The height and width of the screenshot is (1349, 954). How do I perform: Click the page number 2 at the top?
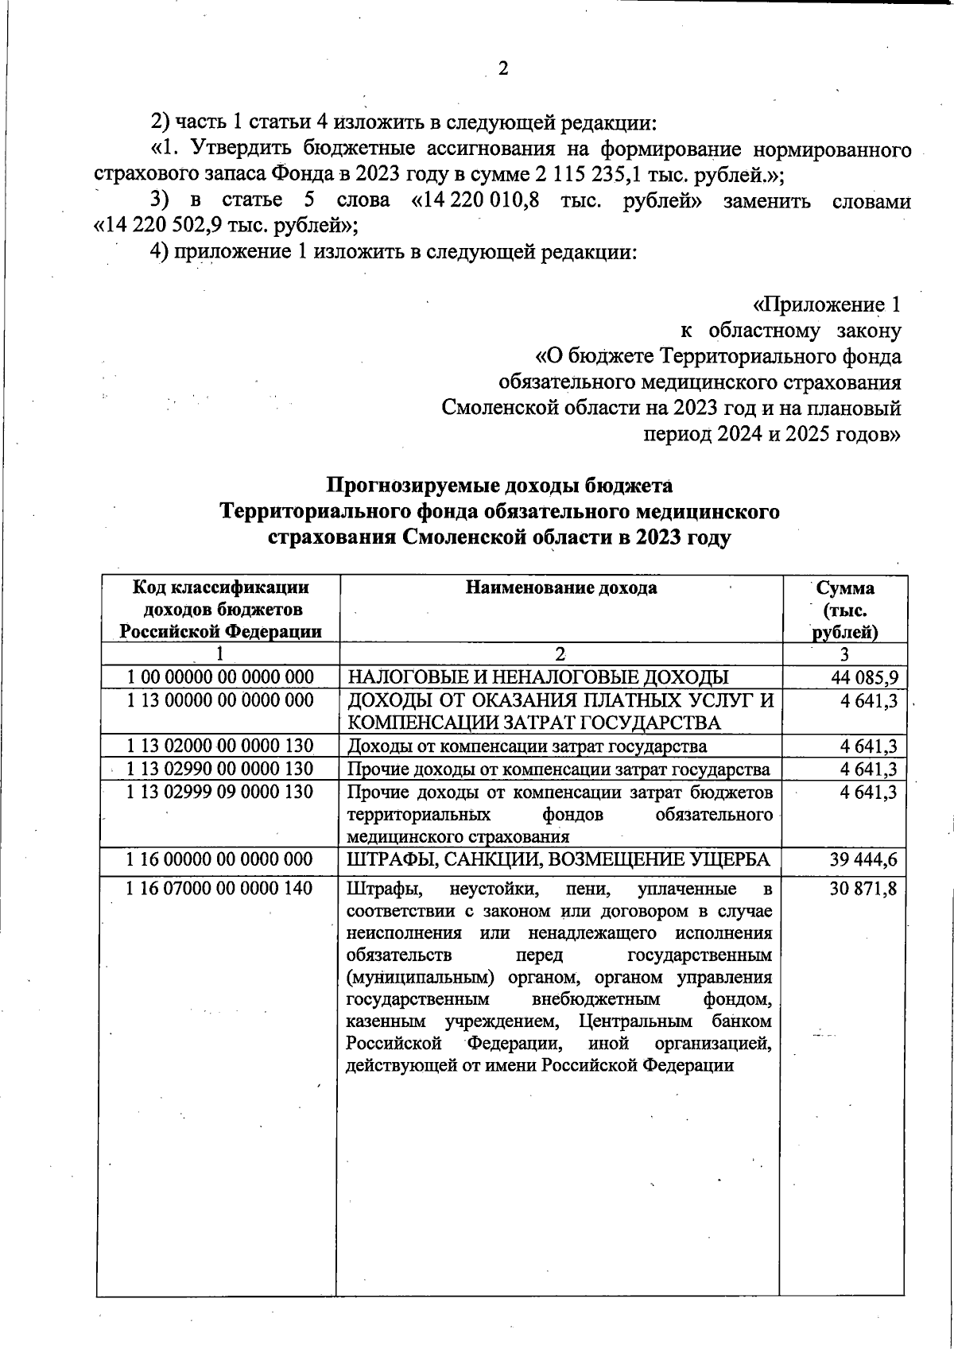tap(502, 69)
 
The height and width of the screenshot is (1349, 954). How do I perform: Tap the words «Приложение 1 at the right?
tap(827, 305)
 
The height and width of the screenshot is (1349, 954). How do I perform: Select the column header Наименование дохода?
tap(561, 588)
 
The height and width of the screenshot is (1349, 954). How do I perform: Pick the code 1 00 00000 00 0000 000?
tap(221, 677)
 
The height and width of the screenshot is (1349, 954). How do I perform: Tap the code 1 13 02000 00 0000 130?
tap(221, 746)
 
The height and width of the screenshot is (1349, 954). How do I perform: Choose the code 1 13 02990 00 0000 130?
tap(221, 769)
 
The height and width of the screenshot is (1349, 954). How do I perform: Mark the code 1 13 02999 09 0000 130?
tap(221, 792)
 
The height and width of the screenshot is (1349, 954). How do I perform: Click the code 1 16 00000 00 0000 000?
tap(221, 859)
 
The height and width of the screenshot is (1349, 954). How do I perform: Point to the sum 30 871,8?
tap(863, 889)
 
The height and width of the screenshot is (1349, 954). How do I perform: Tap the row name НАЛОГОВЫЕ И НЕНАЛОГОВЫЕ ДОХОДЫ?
tap(539, 678)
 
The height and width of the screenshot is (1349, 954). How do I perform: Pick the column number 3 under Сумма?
tap(844, 654)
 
